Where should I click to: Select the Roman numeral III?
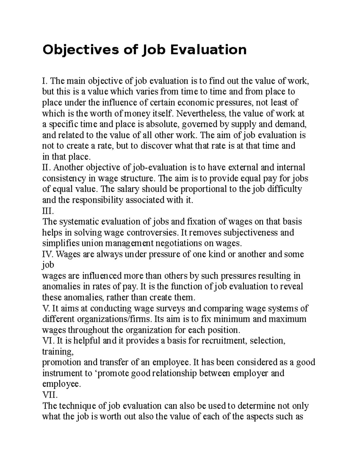click(48, 211)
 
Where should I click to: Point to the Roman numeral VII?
click(50, 395)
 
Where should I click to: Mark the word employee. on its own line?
click(61, 384)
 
